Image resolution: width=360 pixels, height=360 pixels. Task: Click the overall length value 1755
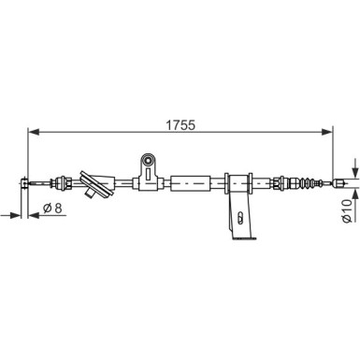point(180,125)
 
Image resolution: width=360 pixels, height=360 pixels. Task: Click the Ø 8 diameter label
point(52,208)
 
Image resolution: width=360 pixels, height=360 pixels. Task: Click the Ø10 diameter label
point(347,211)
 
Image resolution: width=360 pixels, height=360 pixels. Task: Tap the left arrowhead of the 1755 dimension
point(34,132)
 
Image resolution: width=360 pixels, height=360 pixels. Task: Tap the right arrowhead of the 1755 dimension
point(327,132)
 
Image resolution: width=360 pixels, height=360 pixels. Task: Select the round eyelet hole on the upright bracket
point(148,161)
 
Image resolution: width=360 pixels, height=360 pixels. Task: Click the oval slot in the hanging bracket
point(239,217)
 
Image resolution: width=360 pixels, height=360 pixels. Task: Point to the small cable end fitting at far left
point(24,183)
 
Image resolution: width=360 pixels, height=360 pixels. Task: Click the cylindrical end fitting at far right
point(338,183)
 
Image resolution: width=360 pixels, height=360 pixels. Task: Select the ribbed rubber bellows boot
point(308,182)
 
